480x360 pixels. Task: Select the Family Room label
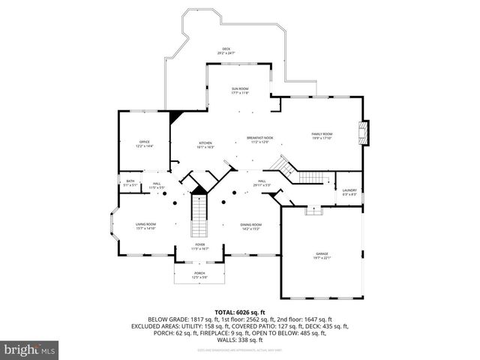click(322, 136)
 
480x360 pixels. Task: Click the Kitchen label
click(205, 145)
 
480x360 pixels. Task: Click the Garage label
click(322, 256)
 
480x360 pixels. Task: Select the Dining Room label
click(250, 226)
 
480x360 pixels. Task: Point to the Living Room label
click(145, 226)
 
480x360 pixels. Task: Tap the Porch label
click(199, 275)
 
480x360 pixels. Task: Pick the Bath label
click(130, 182)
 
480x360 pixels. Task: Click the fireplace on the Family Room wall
click(364, 133)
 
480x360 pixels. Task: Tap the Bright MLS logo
click(29, 349)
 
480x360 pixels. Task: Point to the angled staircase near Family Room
click(300, 171)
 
